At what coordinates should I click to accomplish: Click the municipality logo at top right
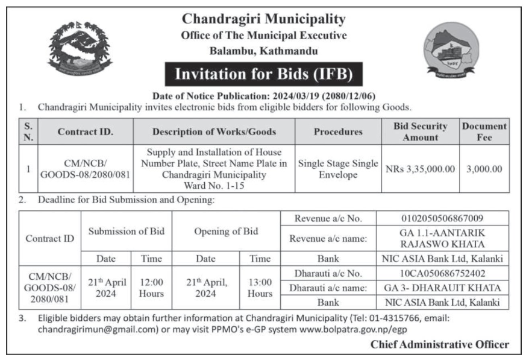point(451,52)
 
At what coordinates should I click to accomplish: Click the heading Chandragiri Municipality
point(264,19)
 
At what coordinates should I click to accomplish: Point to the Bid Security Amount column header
point(420,131)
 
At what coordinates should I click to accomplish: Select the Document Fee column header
point(484,131)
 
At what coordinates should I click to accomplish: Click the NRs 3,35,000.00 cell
point(420,169)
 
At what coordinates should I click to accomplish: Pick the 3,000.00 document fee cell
point(484,169)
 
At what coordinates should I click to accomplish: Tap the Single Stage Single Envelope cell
point(338,169)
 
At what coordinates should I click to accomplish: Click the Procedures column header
point(338,131)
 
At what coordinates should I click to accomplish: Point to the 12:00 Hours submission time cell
point(151,288)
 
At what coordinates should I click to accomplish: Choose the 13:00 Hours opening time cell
point(260,288)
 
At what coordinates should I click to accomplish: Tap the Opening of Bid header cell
point(226,231)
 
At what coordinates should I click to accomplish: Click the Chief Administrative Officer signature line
point(440,344)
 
